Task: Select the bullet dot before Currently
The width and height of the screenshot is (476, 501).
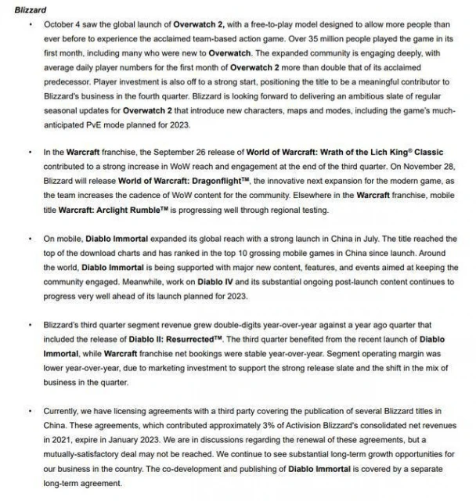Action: click(29, 410)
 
